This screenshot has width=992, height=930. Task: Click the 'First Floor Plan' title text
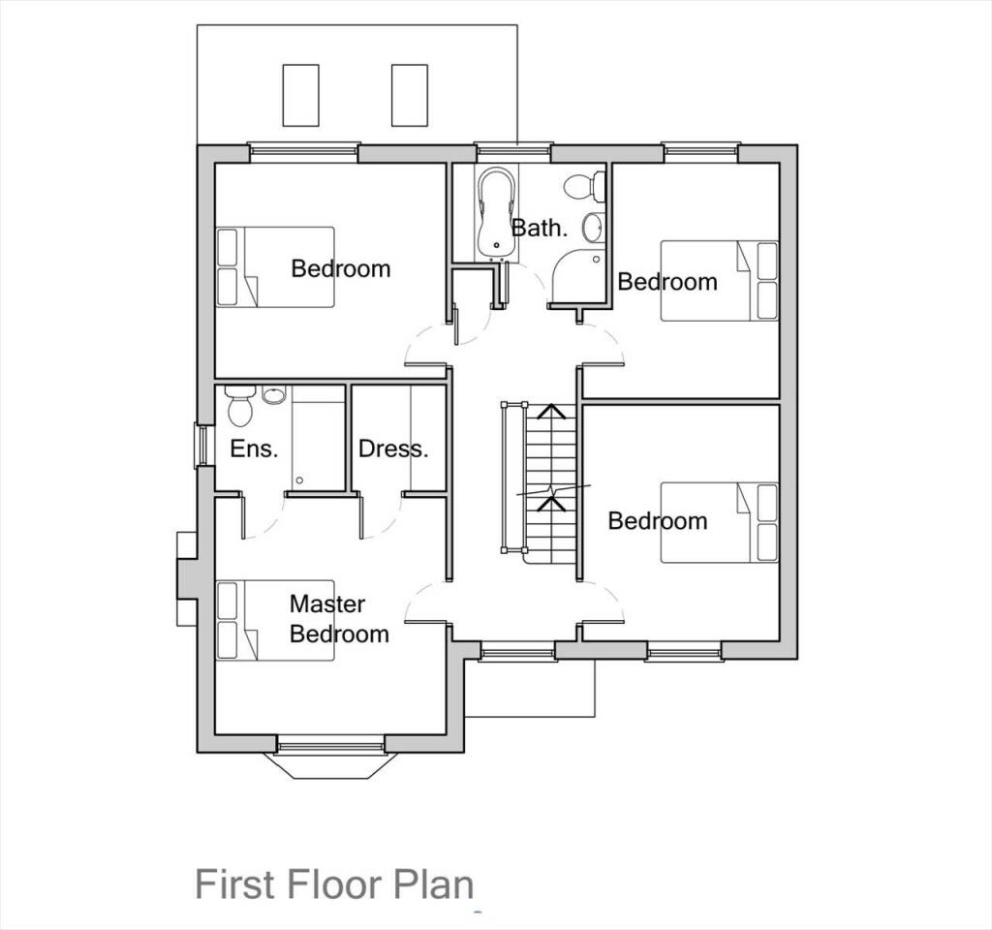click(334, 884)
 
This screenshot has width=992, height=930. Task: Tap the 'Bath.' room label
click(540, 228)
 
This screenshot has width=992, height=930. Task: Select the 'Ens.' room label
click(254, 449)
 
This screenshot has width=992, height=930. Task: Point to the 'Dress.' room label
click(392, 449)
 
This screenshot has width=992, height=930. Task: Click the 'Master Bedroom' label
click(339, 619)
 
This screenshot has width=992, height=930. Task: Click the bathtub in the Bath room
click(497, 214)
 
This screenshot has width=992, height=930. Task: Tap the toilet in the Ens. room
click(239, 407)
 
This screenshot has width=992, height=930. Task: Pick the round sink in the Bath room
click(593, 228)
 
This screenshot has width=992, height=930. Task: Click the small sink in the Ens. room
click(273, 394)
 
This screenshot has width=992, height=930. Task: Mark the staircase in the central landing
click(548, 480)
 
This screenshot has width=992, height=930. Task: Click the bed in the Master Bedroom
click(275, 620)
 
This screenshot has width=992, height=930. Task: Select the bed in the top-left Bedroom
click(275, 267)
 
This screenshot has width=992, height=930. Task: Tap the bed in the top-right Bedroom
click(719, 281)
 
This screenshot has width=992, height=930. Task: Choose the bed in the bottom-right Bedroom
click(719, 522)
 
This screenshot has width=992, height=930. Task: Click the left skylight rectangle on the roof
click(300, 94)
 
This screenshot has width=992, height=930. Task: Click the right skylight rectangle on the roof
click(410, 94)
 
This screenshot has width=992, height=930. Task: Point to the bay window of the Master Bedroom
click(330, 759)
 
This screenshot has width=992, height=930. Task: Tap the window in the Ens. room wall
click(201, 446)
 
